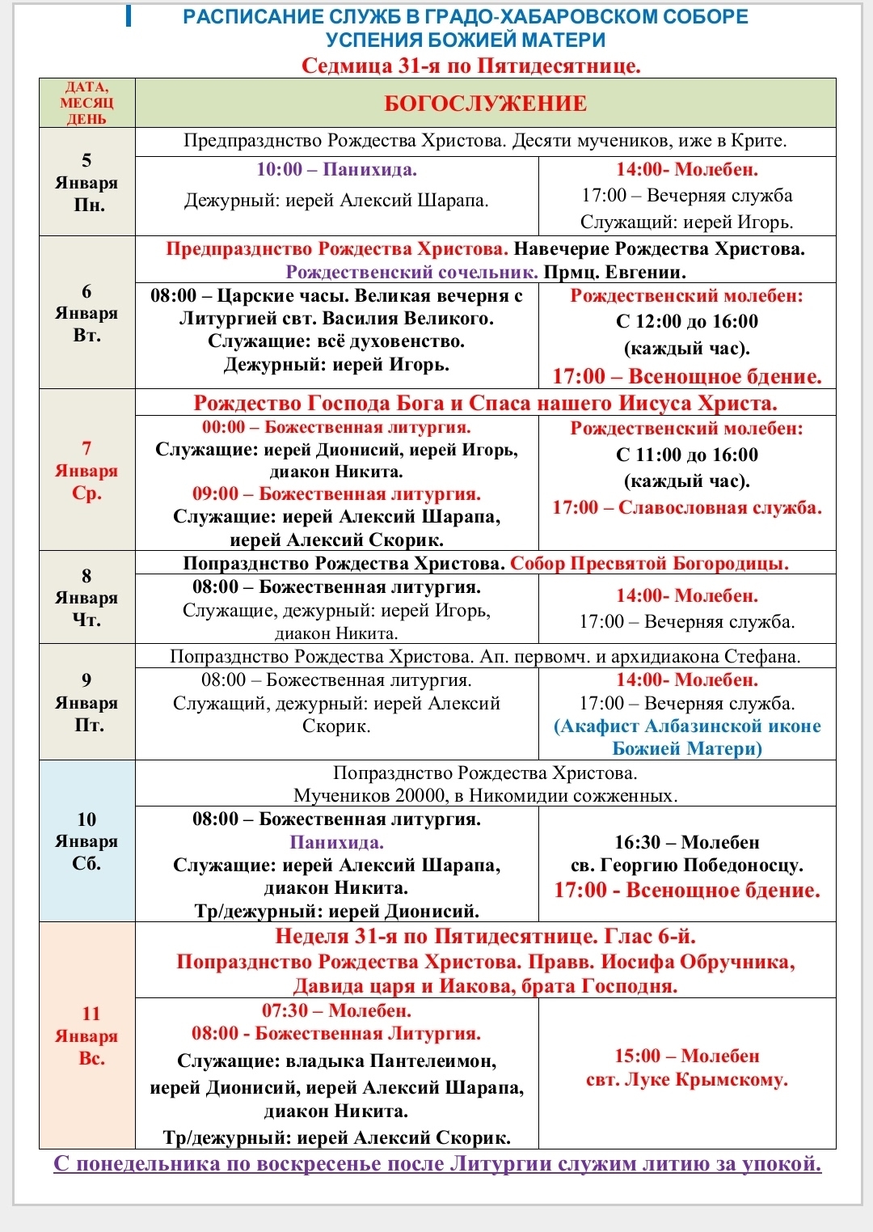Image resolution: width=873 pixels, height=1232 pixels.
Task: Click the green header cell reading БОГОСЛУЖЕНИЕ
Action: [x=485, y=104]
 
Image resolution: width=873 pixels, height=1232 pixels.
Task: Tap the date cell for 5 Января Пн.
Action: [x=86, y=183]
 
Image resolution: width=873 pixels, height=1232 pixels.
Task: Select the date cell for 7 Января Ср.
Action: [x=86, y=471]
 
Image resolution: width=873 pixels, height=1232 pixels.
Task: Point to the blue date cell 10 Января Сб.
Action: [x=86, y=841]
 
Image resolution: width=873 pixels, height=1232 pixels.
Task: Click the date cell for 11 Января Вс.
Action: [x=86, y=1036]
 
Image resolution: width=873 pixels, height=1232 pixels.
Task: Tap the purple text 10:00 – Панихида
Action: [x=336, y=170]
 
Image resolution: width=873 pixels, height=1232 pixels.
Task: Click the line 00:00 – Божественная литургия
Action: [x=336, y=427]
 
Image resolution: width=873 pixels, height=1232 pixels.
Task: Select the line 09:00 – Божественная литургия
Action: [x=336, y=494]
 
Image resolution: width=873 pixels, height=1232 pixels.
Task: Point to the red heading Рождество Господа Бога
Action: [x=485, y=403]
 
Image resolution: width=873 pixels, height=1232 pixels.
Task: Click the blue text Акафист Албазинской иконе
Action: [x=687, y=726]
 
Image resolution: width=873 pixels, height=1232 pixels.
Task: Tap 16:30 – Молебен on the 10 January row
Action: [x=687, y=843]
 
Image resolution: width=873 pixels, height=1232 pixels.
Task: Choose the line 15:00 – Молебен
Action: [x=687, y=1056]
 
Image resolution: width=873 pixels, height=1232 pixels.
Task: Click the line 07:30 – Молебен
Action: [x=336, y=1011]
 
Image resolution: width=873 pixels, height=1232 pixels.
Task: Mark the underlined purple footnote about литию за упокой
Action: [x=437, y=1164]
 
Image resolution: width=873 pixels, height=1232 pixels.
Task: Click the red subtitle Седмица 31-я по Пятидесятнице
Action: [x=470, y=66]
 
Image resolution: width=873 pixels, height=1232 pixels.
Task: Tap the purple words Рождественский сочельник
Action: [x=412, y=272]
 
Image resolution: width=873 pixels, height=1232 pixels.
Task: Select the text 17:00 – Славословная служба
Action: [x=687, y=508]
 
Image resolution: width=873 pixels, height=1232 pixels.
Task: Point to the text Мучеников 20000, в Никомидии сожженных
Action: [x=485, y=796]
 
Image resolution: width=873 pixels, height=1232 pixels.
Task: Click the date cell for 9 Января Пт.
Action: [x=86, y=702]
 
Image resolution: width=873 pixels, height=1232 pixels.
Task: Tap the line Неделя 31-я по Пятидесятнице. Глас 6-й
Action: [x=485, y=937]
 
